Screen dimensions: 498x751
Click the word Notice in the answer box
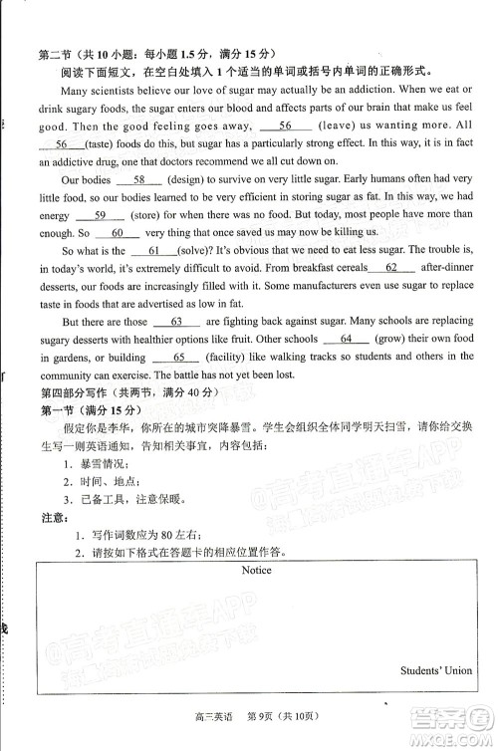[x=256, y=571]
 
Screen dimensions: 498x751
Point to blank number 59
[x=99, y=215]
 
